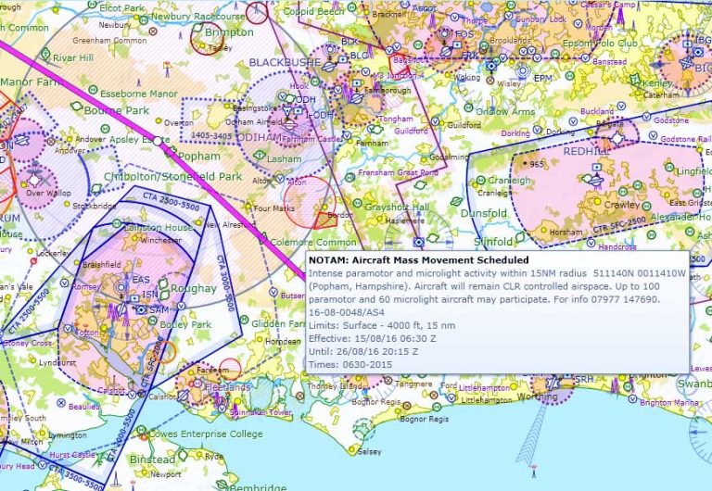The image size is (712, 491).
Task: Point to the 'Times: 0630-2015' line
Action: [x=350, y=365]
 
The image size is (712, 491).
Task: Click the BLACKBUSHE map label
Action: [x=284, y=62]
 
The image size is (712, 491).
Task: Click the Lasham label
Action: [x=284, y=159]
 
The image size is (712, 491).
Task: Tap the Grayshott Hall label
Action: [x=395, y=206]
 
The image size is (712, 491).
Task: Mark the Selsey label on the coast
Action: [x=369, y=451]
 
